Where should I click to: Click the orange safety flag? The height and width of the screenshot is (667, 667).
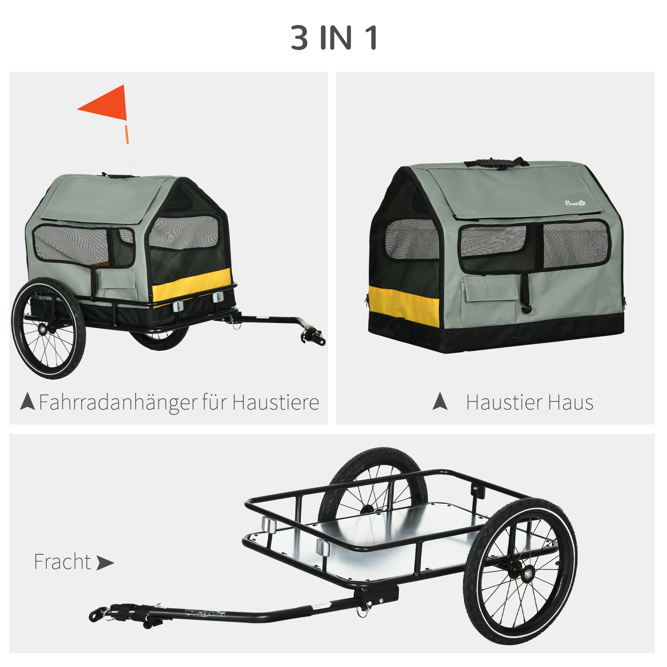(107, 105)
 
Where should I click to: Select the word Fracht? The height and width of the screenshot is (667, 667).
(62, 562)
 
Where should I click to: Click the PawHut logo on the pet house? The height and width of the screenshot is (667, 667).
(575, 203)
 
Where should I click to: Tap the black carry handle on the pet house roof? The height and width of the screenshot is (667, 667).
(497, 162)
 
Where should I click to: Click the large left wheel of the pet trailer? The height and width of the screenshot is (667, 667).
(48, 328)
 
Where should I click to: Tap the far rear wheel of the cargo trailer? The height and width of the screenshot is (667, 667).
(373, 483)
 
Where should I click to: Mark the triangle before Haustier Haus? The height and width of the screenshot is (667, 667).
(440, 401)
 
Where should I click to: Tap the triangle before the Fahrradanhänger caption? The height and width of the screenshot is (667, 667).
(28, 401)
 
